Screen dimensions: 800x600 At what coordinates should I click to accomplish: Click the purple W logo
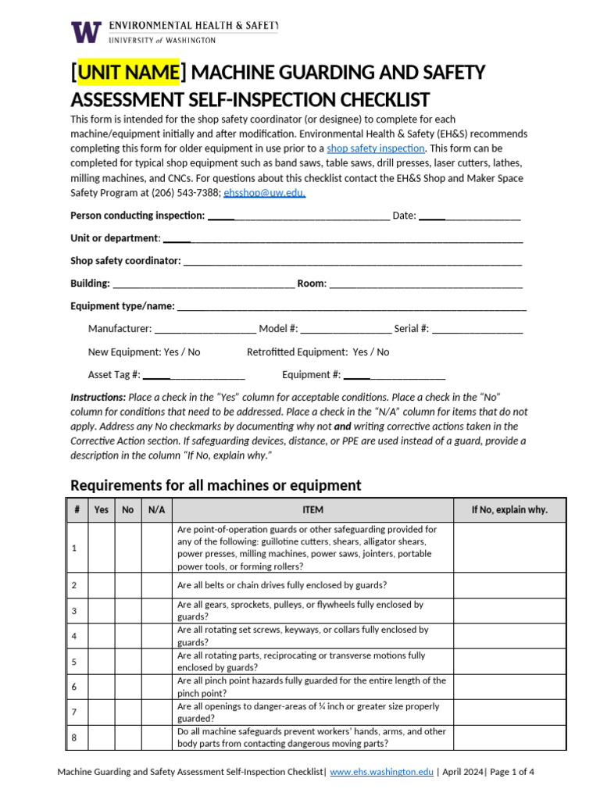coord(86,31)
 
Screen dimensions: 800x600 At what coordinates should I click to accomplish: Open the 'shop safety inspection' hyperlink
coord(376,148)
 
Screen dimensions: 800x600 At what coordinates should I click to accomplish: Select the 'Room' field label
coord(310,284)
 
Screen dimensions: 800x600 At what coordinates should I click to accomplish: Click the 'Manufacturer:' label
coord(120,329)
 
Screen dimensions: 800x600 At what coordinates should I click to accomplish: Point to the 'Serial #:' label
coord(411,329)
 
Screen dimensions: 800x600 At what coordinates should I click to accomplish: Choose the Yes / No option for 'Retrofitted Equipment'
coord(371,352)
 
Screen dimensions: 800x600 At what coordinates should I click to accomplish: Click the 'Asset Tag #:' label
coord(114,374)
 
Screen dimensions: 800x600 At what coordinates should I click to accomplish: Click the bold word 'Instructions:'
coord(98,397)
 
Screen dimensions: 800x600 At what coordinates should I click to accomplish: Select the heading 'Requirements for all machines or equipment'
coord(216,485)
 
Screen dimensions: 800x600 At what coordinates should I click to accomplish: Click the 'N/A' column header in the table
coord(156,509)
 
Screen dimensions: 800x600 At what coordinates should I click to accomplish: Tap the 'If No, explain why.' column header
coord(509,509)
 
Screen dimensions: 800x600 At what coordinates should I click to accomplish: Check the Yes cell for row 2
coord(102,585)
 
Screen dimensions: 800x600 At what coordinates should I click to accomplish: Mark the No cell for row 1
coord(128,548)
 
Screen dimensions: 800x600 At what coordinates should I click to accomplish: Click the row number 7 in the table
coord(74,712)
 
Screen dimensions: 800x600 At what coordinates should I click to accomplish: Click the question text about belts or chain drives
coord(282,585)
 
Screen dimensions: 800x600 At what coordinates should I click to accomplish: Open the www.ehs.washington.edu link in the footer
coord(381,772)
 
